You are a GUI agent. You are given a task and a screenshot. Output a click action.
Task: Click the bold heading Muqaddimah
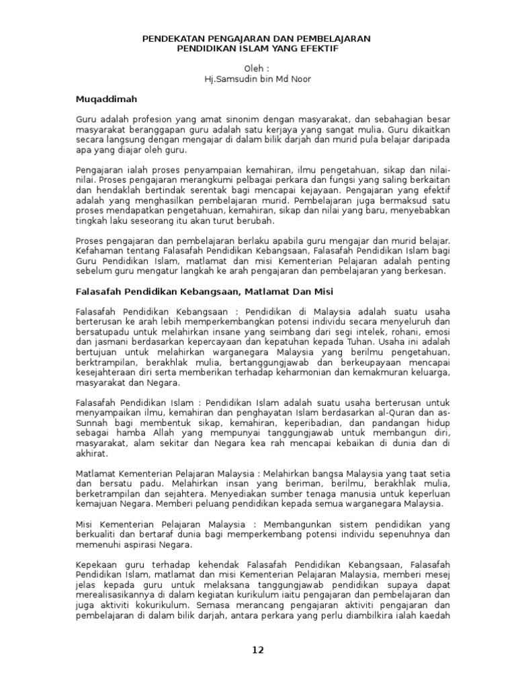[106, 99]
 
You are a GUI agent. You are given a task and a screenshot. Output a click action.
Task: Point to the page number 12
[258, 650]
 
